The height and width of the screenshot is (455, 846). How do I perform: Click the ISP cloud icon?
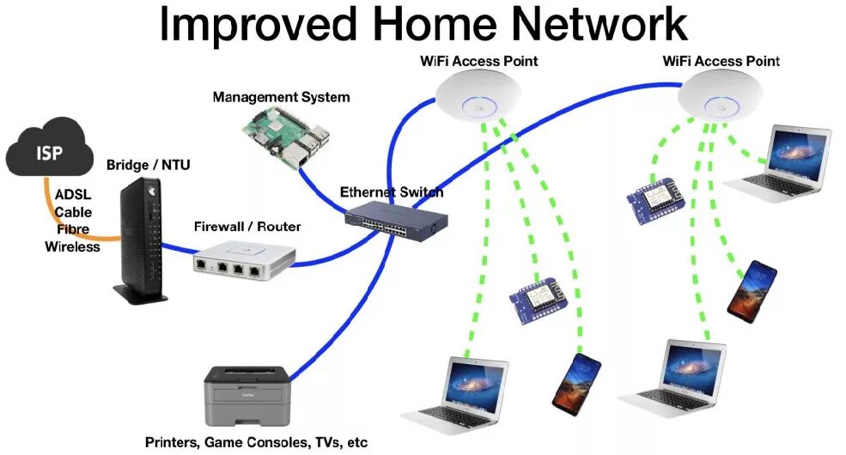[x=48, y=154]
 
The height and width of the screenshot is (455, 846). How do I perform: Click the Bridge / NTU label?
[x=141, y=164]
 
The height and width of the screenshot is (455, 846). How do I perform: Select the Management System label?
[x=281, y=97]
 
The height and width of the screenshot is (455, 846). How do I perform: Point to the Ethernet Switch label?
[x=392, y=191]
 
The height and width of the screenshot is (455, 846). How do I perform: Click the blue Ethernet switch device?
[x=395, y=219]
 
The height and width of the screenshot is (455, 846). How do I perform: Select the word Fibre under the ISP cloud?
[x=73, y=229]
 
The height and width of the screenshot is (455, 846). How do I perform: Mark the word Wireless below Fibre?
[x=73, y=247]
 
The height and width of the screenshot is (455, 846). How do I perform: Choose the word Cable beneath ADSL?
[x=73, y=212]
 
